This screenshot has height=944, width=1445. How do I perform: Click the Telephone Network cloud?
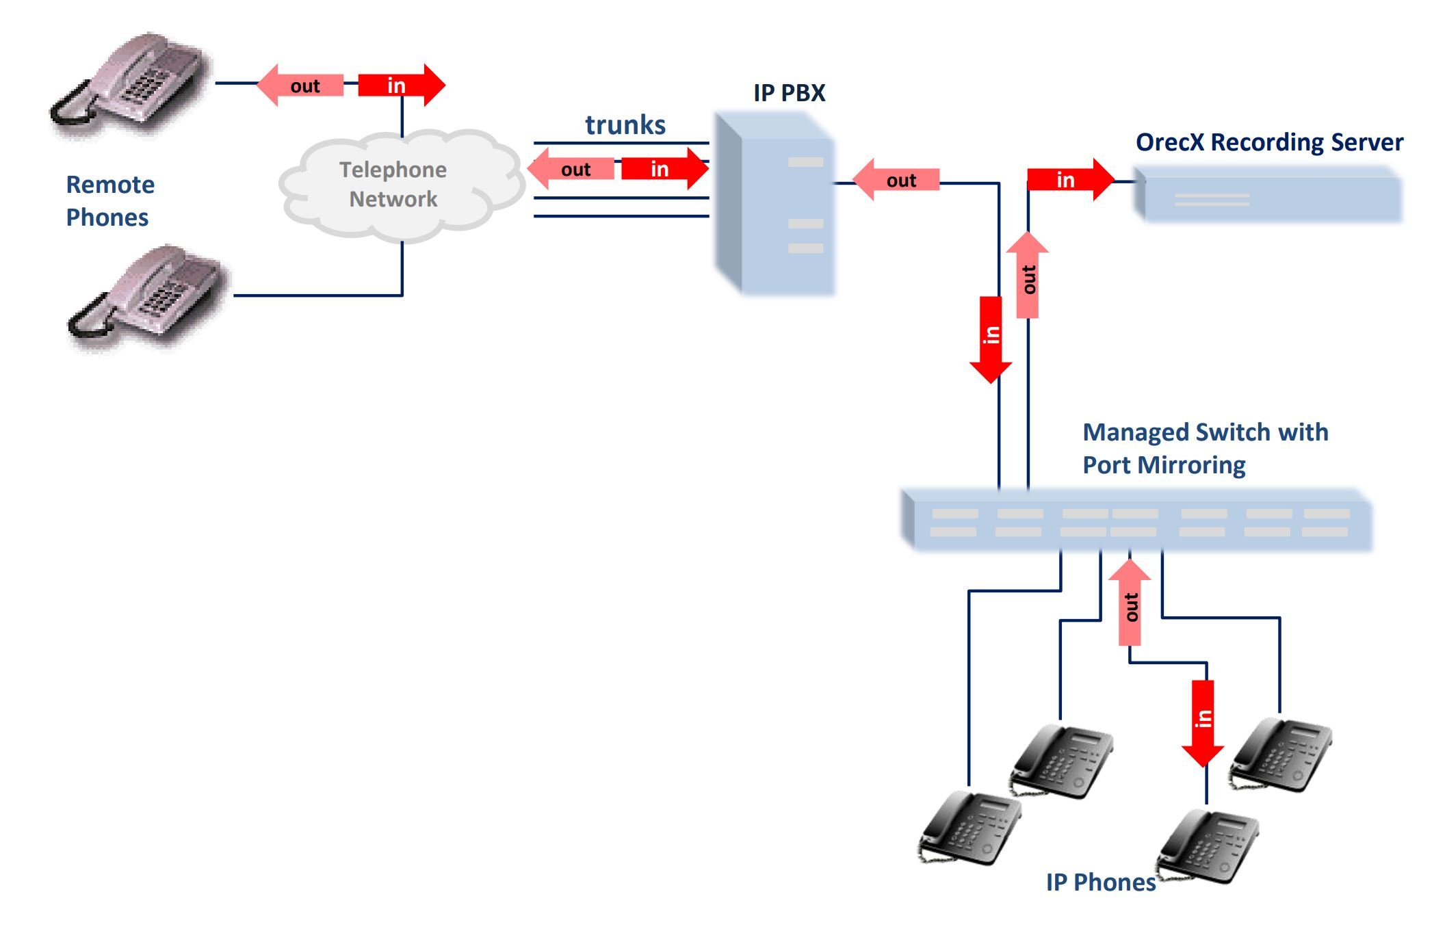tap(393, 185)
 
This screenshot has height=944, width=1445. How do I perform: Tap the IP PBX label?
tap(789, 93)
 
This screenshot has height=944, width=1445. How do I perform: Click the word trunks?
tap(625, 125)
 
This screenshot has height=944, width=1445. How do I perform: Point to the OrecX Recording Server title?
tap(1269, 142)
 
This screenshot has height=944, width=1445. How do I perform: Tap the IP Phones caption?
tap(1100, 882)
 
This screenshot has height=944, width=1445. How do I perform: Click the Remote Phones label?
tap(109, 200)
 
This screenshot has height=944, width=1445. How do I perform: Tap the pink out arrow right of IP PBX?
tap(896, 180)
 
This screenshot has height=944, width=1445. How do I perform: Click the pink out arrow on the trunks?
tap(571, 169)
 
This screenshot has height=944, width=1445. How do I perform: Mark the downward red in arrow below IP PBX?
tap(991, 339)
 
